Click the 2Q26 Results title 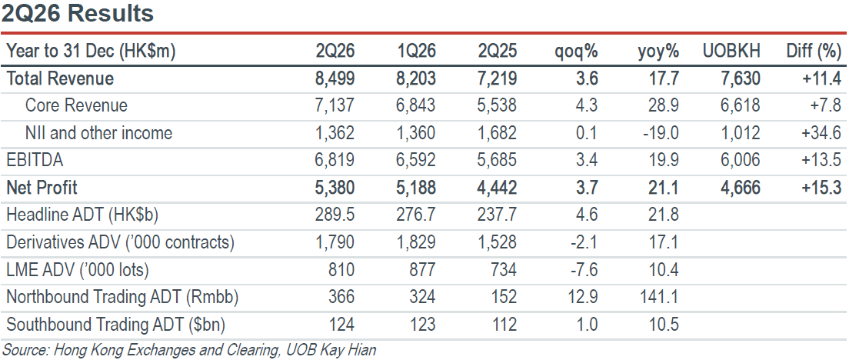pos(78,13)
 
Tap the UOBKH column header pos(731,52)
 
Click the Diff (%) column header pos(814,52)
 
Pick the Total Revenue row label pos(60,78)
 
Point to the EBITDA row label pos(34,160)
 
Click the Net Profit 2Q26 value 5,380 pos(335,188)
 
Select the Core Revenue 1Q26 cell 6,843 pos(415,105)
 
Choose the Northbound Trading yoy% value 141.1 pos(658,297)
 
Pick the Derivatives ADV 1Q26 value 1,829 pos(415,242)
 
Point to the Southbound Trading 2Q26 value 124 pos(341,325)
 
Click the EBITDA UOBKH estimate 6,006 pos(740,160)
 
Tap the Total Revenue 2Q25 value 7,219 pos(497,78)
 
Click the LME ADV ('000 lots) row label pos(78,269)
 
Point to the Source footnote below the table pos(189,350)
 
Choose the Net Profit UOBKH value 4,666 pos(740,188)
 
